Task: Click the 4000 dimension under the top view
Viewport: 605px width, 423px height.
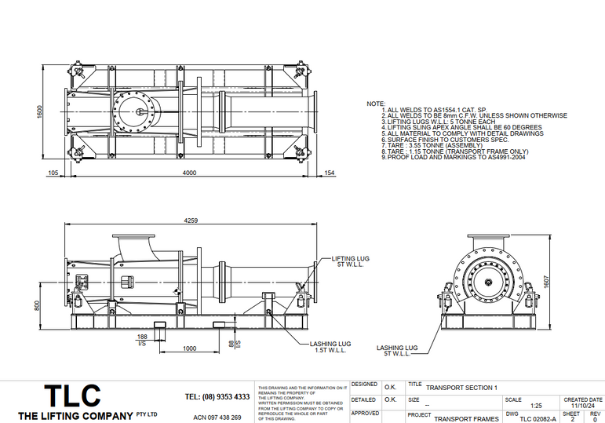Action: click(x=190, y=173)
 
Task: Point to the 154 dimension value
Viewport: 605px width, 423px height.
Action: click(x=329, y=173)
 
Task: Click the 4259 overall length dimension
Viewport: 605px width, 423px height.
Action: click(x=191, y=222)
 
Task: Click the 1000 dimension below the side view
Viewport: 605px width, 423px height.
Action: click(x=189, y=348)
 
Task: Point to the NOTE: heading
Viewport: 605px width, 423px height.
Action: click(x=376, y=104)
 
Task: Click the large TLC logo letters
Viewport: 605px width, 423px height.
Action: click(x=71, y=395)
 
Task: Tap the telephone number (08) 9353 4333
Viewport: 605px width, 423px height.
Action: click(x=217, y=396)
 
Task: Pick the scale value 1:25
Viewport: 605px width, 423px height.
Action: click(x=536, y=406)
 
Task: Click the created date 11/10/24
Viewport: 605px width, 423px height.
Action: click(x=585, y=406)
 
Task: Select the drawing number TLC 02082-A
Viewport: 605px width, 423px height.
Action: click(x=532, y=419)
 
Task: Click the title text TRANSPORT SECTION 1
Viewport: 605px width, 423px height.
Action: click(x=461, y=388)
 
